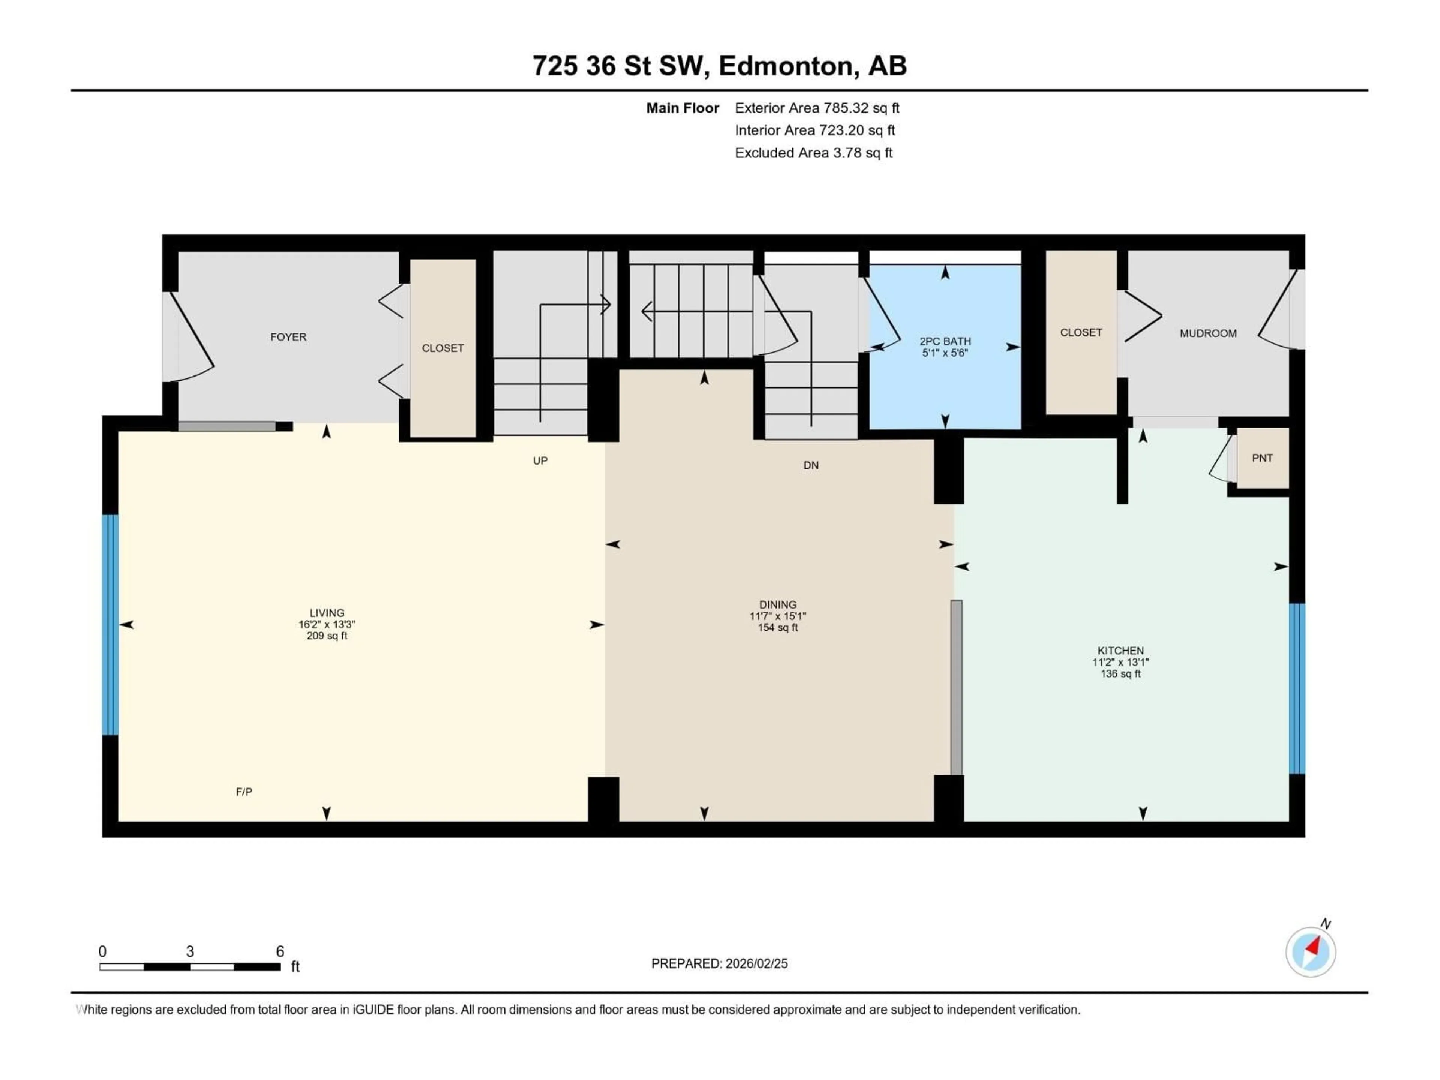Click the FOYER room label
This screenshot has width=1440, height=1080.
(288, 337)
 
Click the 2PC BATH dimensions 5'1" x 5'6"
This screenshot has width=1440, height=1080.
(945, 353)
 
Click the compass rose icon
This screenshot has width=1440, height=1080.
(1311, 952)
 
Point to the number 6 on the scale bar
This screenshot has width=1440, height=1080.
(280, 951)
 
